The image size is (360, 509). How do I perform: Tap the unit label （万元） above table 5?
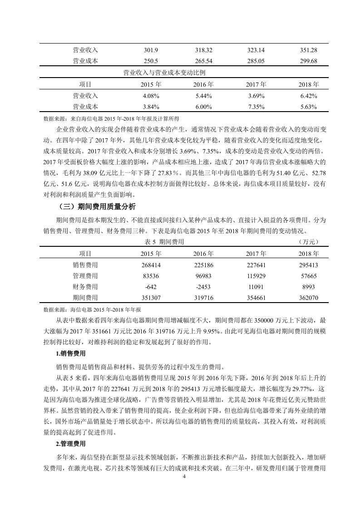coord(309,242)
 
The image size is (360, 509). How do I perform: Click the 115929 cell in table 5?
coord(256,276)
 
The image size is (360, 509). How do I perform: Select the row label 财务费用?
coord(85,287)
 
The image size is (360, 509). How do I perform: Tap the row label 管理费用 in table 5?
coord(85,276)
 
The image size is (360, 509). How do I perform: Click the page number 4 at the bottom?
coord(184,477)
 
